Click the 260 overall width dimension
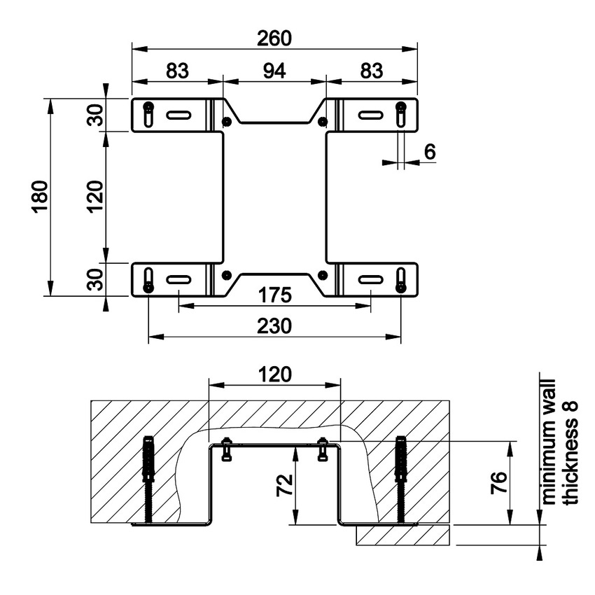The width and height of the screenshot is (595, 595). click(274, 38)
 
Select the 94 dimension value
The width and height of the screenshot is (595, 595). click(274, 71)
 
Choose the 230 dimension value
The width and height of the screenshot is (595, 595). click(274, 326)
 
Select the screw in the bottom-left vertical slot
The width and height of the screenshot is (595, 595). click(148, 286)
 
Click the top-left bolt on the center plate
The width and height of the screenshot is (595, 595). click(226, 121)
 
